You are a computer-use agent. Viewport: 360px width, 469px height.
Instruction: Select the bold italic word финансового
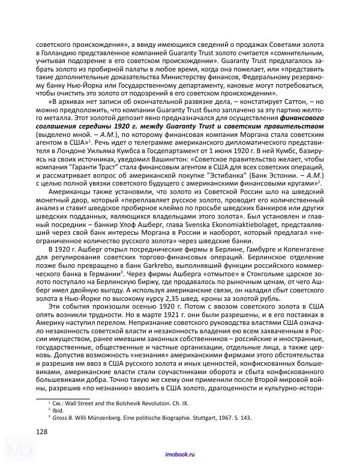304,118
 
